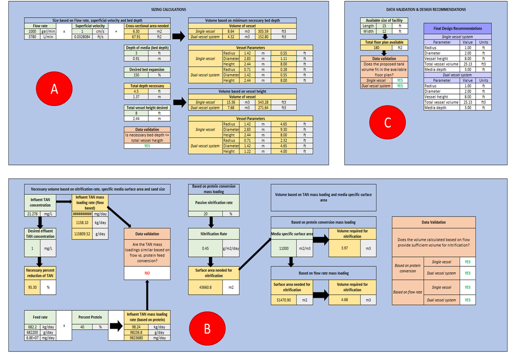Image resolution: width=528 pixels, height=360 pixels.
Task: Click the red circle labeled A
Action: click(54, 89)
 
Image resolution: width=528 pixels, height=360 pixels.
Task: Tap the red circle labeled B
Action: click(207, 328)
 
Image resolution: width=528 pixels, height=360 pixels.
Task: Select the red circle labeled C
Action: click(387, 122)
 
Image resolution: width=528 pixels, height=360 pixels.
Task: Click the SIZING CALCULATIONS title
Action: click(168, 9)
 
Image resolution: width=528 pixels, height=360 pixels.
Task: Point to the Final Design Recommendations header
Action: click(457, 28)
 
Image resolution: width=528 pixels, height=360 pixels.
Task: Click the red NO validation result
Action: click(147, 273)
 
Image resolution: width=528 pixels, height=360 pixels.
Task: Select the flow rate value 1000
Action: click(32, 31)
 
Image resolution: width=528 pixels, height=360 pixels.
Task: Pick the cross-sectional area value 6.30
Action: click(136, 31)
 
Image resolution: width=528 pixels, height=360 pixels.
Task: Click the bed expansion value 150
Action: click(136, 75)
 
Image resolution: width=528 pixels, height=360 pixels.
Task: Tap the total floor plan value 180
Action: click(376, 48)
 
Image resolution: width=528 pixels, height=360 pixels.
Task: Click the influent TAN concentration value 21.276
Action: click(32, 214)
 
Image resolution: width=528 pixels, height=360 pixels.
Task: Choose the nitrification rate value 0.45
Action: click(205, 249)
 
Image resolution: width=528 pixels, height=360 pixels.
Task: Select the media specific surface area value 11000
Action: click(284, 249)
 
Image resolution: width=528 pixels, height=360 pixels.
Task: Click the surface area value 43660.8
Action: click(205, 288)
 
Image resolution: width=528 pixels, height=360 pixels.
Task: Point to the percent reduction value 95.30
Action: click(32, 288)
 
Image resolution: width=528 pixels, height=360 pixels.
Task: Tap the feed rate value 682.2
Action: click(32, 327)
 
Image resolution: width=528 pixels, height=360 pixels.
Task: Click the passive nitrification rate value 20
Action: click(205, 214)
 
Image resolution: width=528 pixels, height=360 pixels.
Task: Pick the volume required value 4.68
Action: click(344, 300)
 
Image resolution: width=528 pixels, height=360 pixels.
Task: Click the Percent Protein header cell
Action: click(90, 317)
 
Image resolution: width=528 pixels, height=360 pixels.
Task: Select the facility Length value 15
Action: click(384, 26)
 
